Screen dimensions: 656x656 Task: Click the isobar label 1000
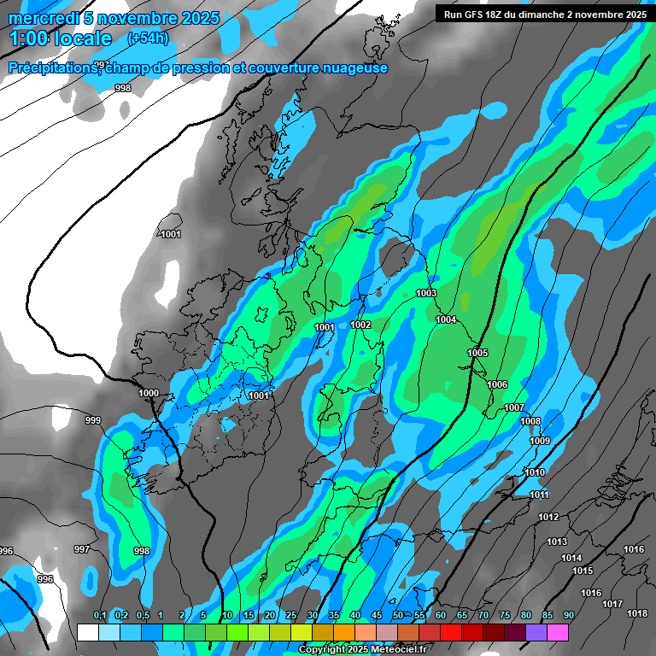pos(149,393)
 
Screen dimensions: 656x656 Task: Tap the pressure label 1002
pos(360,325)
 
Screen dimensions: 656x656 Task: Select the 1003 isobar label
pos(426,293)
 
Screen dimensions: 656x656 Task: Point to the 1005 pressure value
pos(477,353)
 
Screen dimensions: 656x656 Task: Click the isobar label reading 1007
pos(514,407)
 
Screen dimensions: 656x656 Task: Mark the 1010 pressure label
pos(535,472)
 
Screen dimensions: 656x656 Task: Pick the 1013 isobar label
pos(557,542)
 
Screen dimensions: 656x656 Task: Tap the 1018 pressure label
pos(636,613)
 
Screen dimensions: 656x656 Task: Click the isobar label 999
pos(93,420)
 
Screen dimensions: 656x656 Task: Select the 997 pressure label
pos(82,549)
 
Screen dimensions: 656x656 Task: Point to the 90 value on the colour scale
pos(568,615)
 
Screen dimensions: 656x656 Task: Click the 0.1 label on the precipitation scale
pos(99,615)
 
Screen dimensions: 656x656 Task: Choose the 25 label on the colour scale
pos(290,615)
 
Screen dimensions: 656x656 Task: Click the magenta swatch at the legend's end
pos(558,631)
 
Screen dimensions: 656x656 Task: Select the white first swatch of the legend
pos(87,631)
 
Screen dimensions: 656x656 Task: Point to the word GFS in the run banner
pos(479,14)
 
